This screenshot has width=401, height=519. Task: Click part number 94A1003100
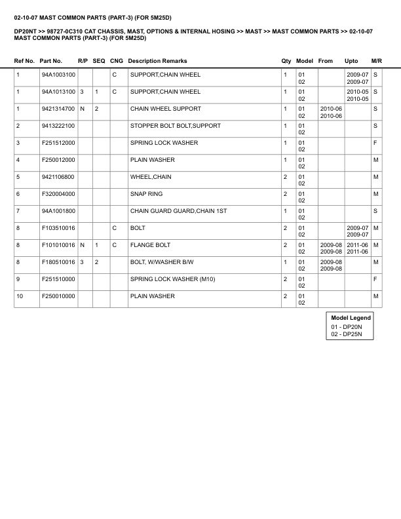(57, 75)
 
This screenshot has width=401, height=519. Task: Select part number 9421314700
(57, 109)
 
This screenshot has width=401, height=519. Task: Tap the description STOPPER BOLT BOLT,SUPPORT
(175, 126)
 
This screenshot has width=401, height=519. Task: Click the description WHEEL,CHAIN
(151, 177)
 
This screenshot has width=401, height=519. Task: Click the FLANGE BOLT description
(150, 245)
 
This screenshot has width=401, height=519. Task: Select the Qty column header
(286, 61)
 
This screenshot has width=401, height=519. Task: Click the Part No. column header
(51, 61)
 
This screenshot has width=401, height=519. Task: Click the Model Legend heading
(351, 318)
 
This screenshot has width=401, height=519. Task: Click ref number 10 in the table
(20, 296)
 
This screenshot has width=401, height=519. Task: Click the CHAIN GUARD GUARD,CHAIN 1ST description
(174, 211)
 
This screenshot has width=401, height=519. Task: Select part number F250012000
(57, 160)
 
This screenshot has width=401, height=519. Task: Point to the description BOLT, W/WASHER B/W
(163, 262)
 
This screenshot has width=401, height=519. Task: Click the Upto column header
(351, 61)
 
